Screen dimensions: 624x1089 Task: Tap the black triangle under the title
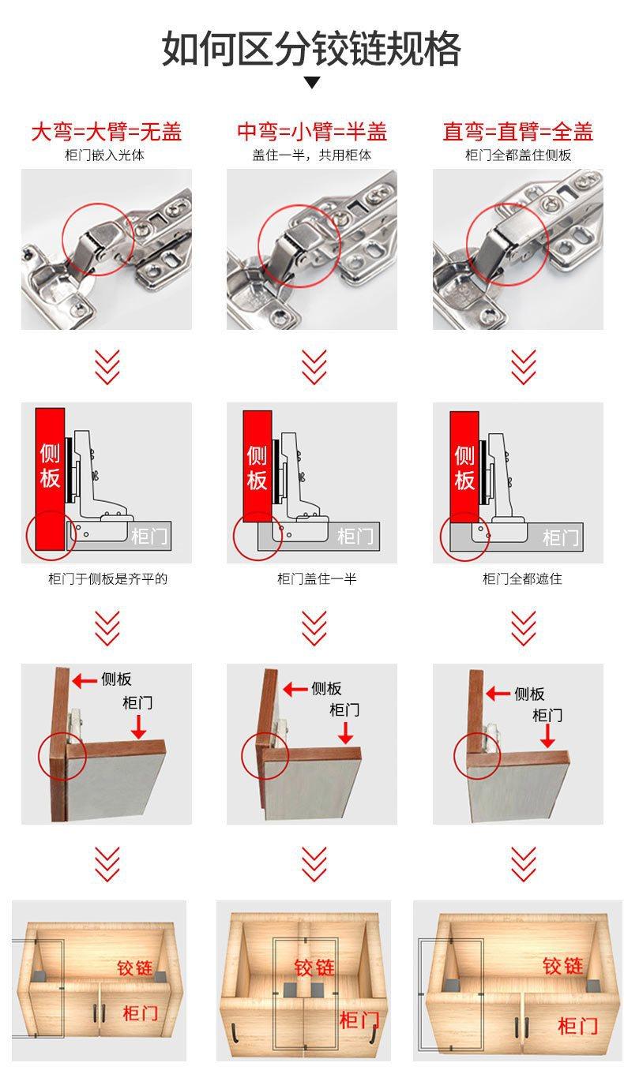point(312,82)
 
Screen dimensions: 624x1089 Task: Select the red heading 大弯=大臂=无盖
point(107,131)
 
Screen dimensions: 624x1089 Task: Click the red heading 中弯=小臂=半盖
point(312,131)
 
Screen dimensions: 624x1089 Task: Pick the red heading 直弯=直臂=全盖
point(518,131)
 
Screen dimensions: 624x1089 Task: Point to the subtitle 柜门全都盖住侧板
point(518,155)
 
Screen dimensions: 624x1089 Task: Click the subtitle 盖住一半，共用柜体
point(312,155)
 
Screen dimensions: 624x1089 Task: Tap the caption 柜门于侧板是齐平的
point(107,578)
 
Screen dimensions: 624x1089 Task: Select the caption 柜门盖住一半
point(317,578)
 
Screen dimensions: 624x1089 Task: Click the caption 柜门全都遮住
point(522,578)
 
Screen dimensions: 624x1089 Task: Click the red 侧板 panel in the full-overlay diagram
point(464,467)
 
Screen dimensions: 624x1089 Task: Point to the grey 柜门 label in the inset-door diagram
point(149,537)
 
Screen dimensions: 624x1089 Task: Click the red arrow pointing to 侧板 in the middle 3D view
point(295,689)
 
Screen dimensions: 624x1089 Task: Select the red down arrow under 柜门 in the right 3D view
point(547,735)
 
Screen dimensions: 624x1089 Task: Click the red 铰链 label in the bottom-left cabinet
point(134,967)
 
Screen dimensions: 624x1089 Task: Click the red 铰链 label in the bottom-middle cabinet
point(314,967)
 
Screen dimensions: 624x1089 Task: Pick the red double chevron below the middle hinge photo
point(314,368)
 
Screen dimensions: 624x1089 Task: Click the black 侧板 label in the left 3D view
point(116,679)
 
